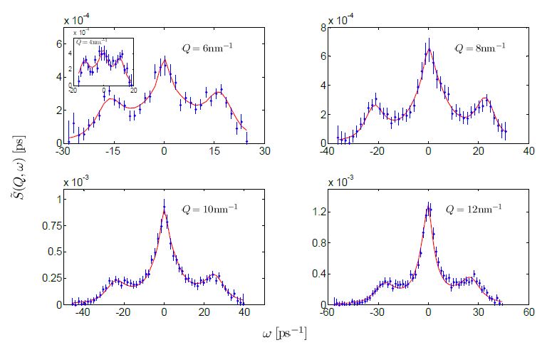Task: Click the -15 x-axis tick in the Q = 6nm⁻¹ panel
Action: coord(113,152)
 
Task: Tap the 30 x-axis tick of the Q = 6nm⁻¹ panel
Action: coord(264,152)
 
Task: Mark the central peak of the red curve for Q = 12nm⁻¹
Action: coord(428,206)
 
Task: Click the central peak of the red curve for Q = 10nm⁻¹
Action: coord(164,208)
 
